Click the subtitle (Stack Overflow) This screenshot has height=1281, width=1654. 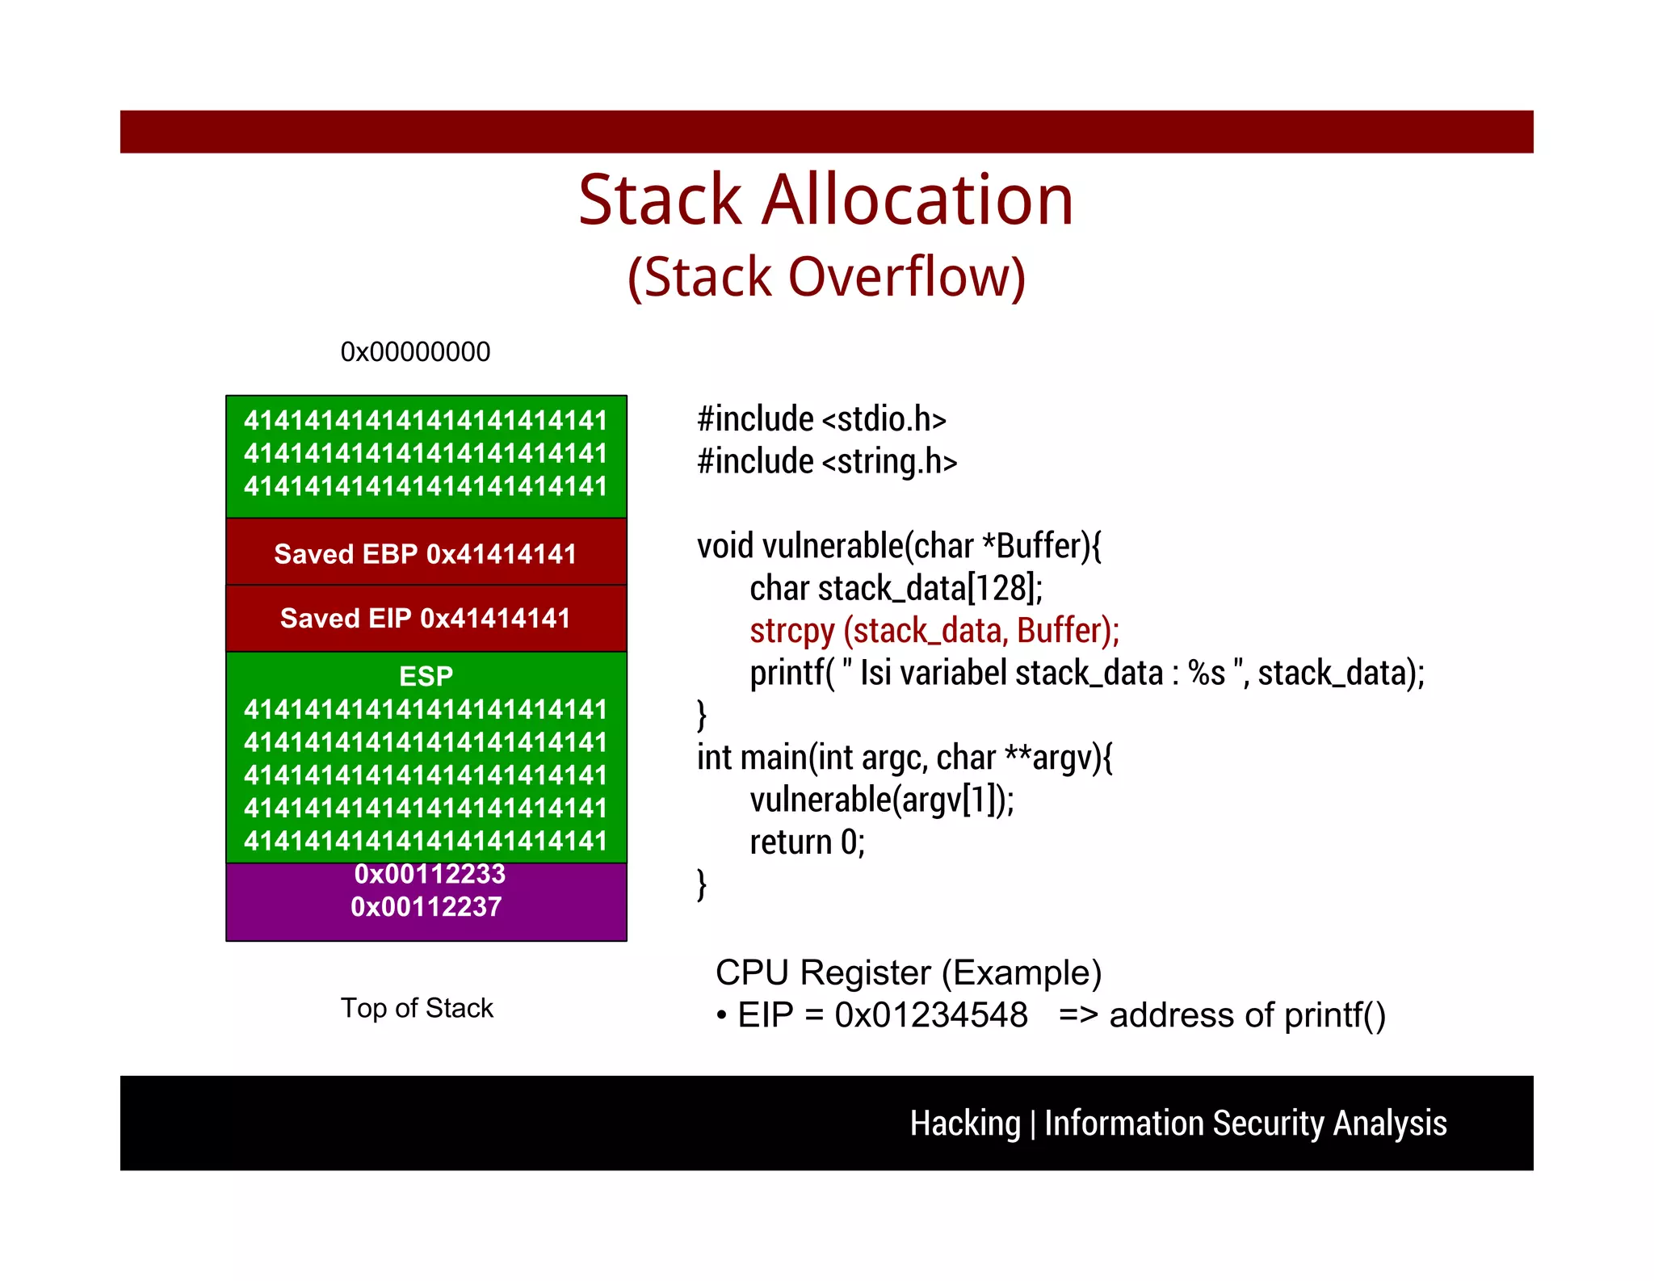(826, 277)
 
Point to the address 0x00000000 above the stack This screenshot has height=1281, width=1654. (415, 352)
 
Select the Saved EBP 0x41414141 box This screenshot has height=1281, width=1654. (426, 553)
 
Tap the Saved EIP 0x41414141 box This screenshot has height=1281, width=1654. (426, 618)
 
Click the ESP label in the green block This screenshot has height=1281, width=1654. (426, 676)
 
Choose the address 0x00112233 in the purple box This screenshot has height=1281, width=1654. (430, 874)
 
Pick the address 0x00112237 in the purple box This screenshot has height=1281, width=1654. (426, 907)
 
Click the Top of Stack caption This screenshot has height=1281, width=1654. (417, 1008)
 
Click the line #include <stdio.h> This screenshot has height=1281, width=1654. (821, 419)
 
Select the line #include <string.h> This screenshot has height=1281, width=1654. (827, 461)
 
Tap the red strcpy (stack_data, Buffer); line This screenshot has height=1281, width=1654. (934, 630)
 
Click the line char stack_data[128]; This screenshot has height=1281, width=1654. (896, 588)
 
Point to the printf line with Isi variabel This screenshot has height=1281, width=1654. (1086, 673)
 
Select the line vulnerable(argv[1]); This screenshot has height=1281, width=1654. (881, 800)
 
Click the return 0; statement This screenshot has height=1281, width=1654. (807, 842)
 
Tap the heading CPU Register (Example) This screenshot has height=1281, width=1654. (909, 972)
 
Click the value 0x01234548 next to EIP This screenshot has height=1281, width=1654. (930, 1015)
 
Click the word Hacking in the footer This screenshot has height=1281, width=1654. (965, 1123)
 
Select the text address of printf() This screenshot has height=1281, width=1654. (1247, 1015)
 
